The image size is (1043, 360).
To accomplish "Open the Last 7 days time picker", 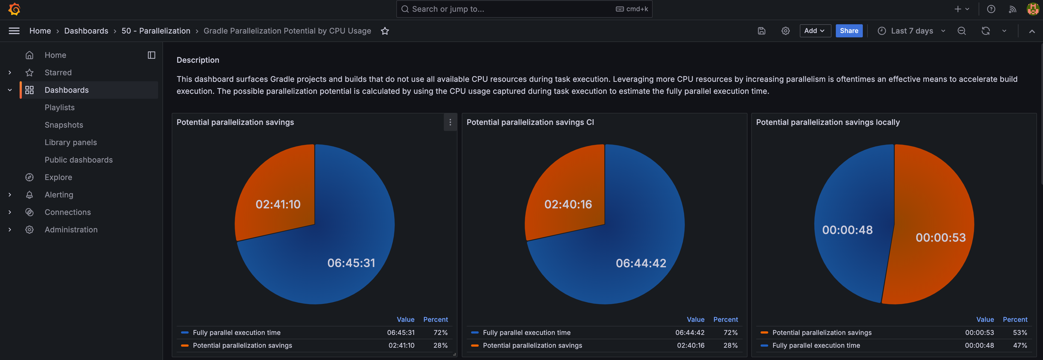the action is coord(911,31).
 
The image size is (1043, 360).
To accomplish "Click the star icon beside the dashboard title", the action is coord(385,31).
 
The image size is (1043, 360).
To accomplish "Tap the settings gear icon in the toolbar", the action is coord(785,31).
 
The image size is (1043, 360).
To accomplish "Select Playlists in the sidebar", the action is coord(59,107).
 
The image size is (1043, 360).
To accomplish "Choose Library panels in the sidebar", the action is coord(71,142).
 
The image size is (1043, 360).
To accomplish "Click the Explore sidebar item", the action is coord(58,177).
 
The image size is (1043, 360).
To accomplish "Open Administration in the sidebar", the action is coord(71,230).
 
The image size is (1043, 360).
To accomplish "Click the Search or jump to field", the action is coord(524,9).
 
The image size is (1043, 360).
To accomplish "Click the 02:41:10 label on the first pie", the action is coord(278,204).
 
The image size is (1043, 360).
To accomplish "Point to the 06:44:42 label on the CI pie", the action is coord(641,263).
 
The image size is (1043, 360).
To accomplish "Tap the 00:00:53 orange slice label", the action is coord(940,237).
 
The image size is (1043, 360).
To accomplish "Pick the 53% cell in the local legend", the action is coord(1020,332).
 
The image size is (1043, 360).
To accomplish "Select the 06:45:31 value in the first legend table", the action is coord(400,332).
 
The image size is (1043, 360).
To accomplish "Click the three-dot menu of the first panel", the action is coord(450,122).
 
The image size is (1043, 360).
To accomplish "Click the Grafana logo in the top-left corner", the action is coord(14,9).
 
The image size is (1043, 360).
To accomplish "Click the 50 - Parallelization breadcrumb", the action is coord(156,31).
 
